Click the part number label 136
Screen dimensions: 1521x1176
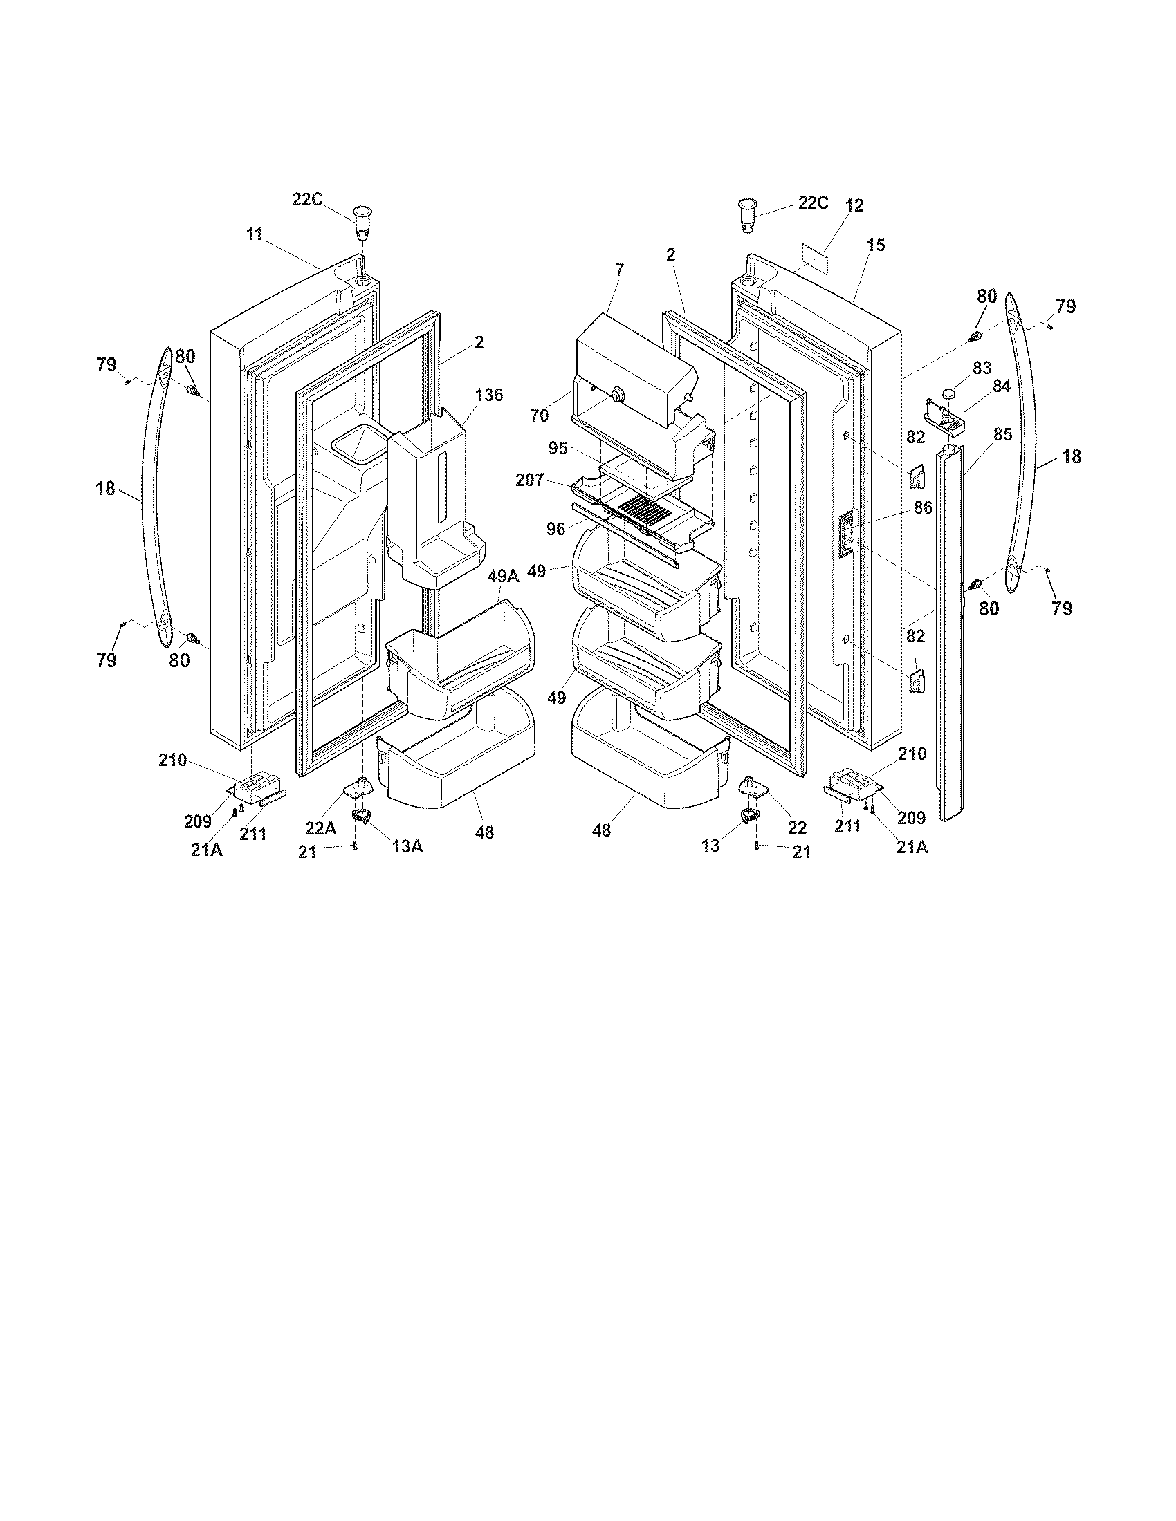tap(489, 395)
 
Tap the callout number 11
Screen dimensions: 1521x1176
tap(254, 234)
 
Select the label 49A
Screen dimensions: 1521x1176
tap(503, 576)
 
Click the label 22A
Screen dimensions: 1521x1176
tap(320, 828)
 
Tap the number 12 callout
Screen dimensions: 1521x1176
tap(855, 205)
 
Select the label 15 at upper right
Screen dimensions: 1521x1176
tap(876, 245)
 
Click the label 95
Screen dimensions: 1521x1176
tap(558, 449)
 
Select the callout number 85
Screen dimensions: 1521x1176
tap(1002, 435)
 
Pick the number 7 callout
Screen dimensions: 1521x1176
tap(619, 269)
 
